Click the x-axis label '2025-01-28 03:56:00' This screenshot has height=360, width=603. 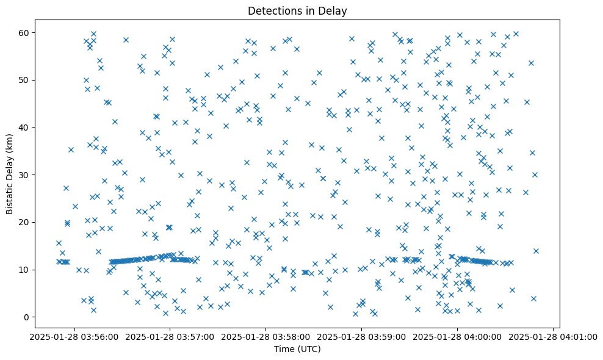point(74,336)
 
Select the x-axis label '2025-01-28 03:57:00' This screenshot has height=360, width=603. point(170,336)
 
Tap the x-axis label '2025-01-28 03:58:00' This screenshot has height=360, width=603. point(266,336)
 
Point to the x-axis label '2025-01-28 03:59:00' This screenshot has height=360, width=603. point(362,336)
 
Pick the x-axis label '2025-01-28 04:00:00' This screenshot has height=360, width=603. point(458,336)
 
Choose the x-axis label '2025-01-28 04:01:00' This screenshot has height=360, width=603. point(554,336)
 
